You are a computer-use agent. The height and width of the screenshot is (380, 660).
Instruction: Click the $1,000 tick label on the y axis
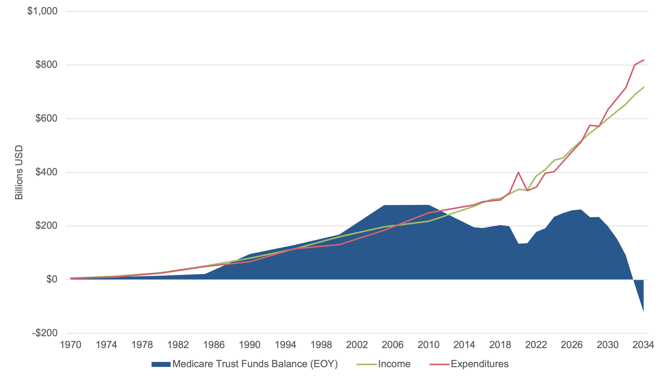tap(42, 11)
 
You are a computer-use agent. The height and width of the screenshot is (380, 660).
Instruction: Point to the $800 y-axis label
tap(46, 65)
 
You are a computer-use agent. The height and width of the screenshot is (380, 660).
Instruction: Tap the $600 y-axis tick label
tap(46, 118)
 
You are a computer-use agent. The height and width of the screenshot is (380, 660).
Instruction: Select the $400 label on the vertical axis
tap(46, 172)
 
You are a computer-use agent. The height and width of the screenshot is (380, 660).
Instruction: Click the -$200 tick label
tap(45, 333)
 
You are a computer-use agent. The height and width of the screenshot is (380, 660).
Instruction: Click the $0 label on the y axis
tap(52, 280)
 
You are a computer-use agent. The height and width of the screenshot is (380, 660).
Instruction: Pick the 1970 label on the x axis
tap(71, 345)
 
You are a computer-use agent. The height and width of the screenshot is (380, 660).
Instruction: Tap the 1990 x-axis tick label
tap(250, 345)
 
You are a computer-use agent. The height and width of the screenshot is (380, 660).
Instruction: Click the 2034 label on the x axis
tap(643, 345)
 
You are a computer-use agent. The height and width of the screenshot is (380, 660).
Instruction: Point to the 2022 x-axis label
tap(536, 345)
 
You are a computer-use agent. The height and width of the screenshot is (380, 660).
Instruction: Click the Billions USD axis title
tap(19, 172)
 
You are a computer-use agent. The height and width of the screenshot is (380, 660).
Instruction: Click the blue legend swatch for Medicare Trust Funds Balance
tap(161, 364)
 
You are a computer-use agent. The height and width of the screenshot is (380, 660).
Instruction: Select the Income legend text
tap(394, 364)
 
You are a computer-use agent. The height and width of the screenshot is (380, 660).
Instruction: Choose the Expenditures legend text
tap(480, 364)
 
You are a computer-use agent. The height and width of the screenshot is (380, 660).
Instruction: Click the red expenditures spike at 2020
tap(518, 172)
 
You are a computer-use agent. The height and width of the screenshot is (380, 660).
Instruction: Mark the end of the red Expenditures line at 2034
tap(644, 60)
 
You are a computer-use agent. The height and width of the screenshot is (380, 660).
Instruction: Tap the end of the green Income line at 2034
tap(644, 87)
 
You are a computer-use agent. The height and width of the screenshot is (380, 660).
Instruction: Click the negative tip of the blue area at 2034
tap(643, 311)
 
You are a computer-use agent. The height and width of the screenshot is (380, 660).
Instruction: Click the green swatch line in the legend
tap(367, 364)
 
